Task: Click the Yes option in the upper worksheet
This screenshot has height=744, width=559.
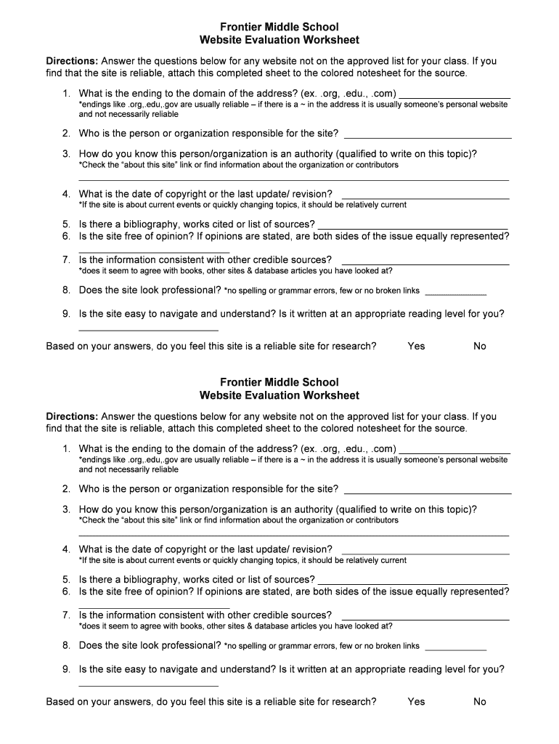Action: coord(416,346)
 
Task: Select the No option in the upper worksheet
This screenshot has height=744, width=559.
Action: coord(480,346)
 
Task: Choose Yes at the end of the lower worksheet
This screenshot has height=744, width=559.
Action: coord(416,701)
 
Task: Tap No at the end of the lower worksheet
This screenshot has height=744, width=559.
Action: coord(480,701)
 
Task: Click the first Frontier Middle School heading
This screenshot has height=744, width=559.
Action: coord(279,27)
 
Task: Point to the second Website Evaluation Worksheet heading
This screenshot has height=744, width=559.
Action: coord(279,395)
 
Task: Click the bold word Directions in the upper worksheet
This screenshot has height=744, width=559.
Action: coord(72,61)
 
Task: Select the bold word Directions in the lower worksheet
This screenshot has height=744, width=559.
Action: coord(72,416)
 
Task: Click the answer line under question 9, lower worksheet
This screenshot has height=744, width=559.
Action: coord(148,684)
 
